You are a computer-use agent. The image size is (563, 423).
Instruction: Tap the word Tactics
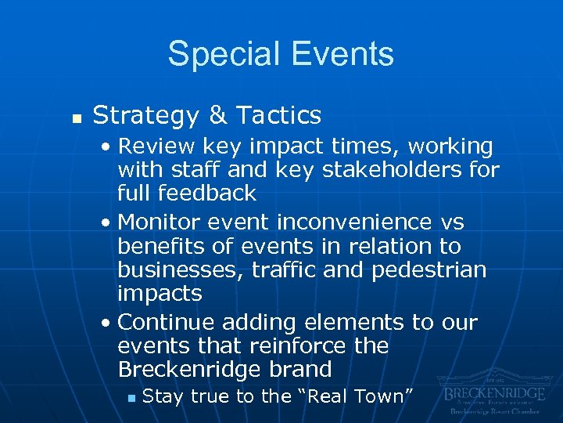pyautogui.click(x=278, y=116)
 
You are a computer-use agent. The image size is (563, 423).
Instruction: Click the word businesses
pyautogui.click(x=173, y=269)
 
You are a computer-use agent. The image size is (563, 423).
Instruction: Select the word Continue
pyautogui.click(x=167, y=322)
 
